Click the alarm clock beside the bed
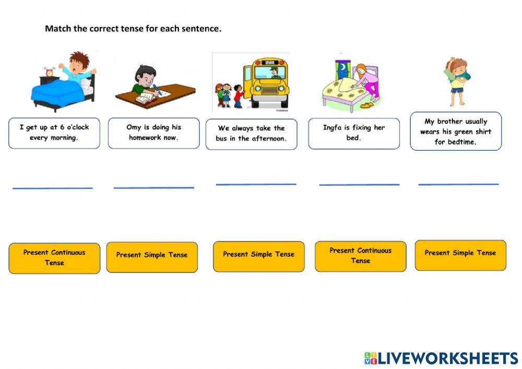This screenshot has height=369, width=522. coord(50,72)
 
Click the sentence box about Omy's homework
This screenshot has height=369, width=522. coord(153,133)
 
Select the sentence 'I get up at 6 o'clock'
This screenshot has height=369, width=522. coord(54,133)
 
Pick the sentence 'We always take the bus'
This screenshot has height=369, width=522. coord(251,134)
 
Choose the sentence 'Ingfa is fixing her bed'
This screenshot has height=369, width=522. coord(353,133)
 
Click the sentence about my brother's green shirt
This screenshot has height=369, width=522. coord(455,131)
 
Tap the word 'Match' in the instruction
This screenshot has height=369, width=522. coord(58,29)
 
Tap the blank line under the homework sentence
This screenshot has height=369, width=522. coord(153,187)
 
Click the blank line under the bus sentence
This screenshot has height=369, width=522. coord(256,184)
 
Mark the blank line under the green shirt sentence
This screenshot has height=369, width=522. coord(458,184)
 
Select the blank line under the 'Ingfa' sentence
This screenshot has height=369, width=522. coord(359,184)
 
